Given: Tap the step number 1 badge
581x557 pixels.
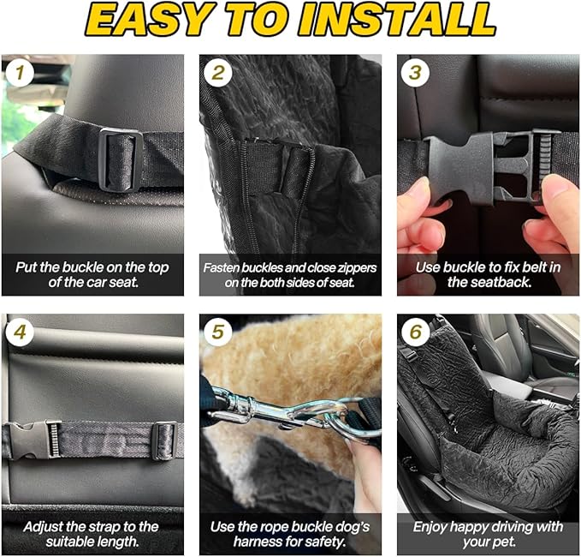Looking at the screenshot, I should click(x=19, y=73).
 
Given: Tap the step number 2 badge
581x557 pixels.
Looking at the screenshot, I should click(x=217, y=73).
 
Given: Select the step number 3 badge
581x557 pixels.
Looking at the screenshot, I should click(x=415, y=73).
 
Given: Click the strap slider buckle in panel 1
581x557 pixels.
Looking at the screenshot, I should click(x=119, y=158).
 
